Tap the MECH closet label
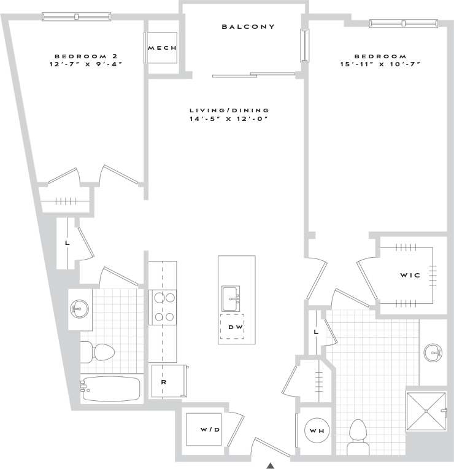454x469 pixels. click(163, 48)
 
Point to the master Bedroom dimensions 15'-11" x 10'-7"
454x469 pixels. click(380, 64)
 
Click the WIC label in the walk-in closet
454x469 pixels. click(410, 275)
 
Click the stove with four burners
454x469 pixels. click(163, 307)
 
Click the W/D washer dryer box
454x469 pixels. click(210, 429)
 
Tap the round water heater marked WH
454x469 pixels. click(317, 431)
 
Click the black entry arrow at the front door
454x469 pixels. click(270, 465)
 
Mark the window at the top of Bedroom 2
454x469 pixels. click(77, 17)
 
